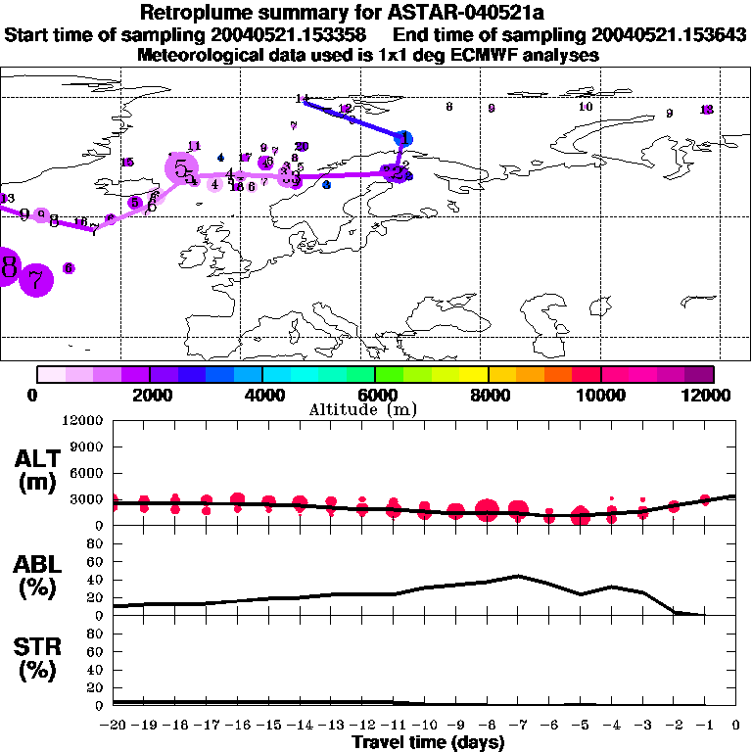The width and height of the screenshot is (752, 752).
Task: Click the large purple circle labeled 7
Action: tap(35, 281)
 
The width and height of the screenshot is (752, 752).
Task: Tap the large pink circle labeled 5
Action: tap(182, 168)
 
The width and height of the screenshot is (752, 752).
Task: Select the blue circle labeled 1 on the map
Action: tap(404, 139)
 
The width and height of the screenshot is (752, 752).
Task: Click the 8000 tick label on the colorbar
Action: tap(487, 395)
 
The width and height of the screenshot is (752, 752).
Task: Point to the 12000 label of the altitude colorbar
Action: tap(713, 395)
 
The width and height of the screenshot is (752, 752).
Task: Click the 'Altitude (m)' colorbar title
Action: tap(375, 409)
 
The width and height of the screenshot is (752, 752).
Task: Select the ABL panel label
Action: tap(36, 577)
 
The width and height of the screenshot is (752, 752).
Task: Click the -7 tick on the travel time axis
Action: tap(518, 726)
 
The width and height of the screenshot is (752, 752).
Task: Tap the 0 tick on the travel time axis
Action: tap(736, 726)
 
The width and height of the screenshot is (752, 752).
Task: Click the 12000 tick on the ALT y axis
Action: tap(84, 421)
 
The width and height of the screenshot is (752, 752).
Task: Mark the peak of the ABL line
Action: tap(518, 576)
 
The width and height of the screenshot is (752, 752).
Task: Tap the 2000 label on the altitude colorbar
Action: tap(149, 395)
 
